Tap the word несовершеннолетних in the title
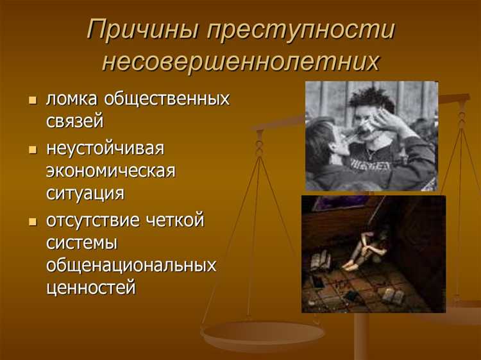tap(240, 63)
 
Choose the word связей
tap(74, 121)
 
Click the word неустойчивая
tap(105, 148)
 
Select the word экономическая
tap(110, 170)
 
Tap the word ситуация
tap(85, 192)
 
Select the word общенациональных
tap(131, 264)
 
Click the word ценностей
tap(91, 287)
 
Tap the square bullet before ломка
tap(33, 101)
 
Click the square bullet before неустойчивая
tap(33, 150)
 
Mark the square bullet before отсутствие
tap(33, 221)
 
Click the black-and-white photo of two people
tap(371, 136)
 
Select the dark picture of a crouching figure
tap(373, 253)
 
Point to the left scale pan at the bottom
tap(262, 333)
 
